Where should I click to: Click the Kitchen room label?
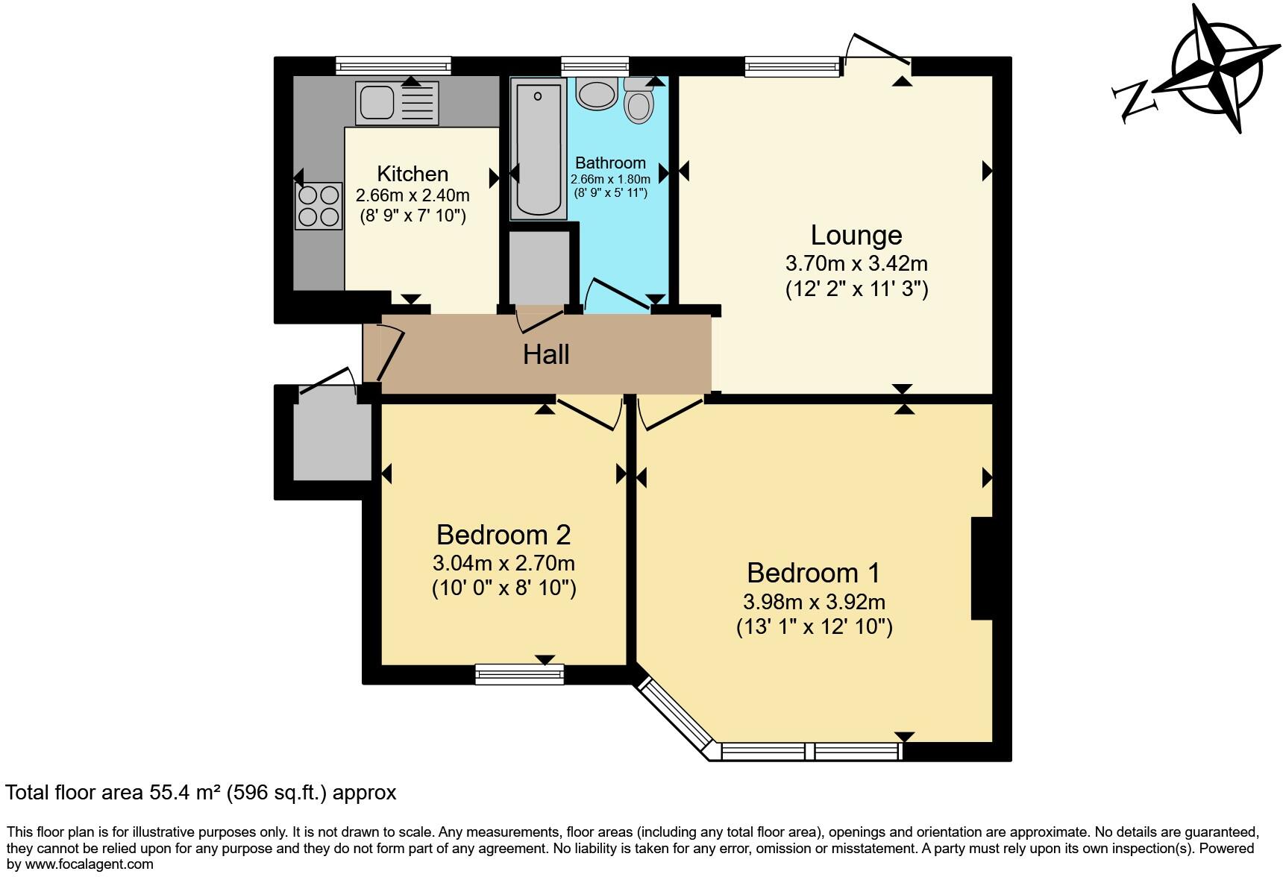pos(412,174)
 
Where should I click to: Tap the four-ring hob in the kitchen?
pos(319,206)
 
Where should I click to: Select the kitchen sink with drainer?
pos(397,103)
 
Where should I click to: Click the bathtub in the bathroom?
pos(539,149)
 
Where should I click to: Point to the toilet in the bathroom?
pos(639,103)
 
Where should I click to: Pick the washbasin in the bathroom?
pos(596,94)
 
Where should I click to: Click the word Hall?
pos(546,354)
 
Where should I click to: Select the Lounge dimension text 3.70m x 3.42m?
pos(856,263)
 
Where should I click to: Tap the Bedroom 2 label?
pos(504,535)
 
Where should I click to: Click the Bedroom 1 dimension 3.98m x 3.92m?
pos(814,601)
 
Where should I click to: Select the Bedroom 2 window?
pos(520,674)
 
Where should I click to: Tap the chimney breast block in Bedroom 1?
pos(982,568)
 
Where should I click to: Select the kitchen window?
pos(393,66)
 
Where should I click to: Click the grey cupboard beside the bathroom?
pos(538,268)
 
